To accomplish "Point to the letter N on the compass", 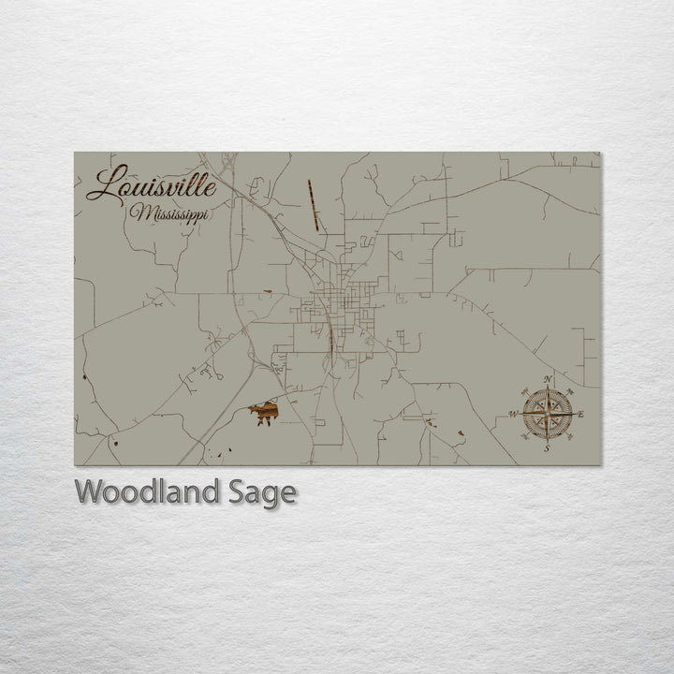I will pyautogui.click(x=548, y=379).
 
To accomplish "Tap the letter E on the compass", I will pyautogui.click(x=582, y=414).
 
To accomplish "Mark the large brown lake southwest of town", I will pyautogui.click(x=265, y=412).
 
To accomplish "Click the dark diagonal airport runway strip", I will pyautogui.click(x=314, y=205).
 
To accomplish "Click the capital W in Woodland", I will pyautogui.click(x=88, y=491).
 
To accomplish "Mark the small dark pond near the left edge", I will pyautogui.click(x=83, y=375).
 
